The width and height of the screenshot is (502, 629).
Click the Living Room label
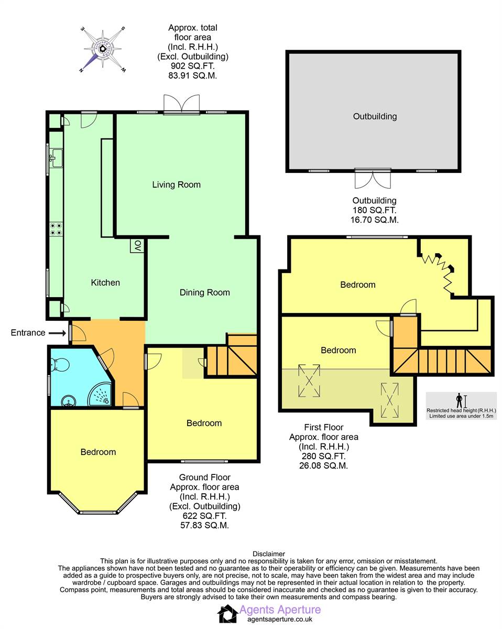pos(176,185)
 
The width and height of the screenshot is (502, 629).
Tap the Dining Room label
pos(204,292)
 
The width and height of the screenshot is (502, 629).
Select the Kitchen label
pos(105,283)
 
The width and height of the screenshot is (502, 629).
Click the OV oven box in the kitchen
pos(137,246)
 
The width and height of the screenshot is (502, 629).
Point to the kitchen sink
pos(56,158)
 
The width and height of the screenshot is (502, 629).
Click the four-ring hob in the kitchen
pos(56,229)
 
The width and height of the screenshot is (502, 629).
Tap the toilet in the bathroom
pos(60,365)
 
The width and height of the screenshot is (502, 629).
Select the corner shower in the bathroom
pos(100,394)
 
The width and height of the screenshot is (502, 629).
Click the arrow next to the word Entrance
pos(57,333)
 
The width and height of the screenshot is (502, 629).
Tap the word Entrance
pos(28,333)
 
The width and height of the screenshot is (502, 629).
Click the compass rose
pos(103,49)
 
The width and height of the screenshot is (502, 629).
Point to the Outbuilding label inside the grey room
pos(375,116)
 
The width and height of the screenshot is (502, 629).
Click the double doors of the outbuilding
pos(373,179)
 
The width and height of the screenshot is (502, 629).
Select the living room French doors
pos(181,104)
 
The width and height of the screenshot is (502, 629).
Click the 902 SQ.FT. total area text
pos(192,66)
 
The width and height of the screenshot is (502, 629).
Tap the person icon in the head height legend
pos(459,400)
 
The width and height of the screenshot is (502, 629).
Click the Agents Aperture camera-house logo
pos(227,614)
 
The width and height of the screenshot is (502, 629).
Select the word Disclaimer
pos(268,554)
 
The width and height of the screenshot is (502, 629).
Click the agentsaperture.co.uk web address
pos(280,619)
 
